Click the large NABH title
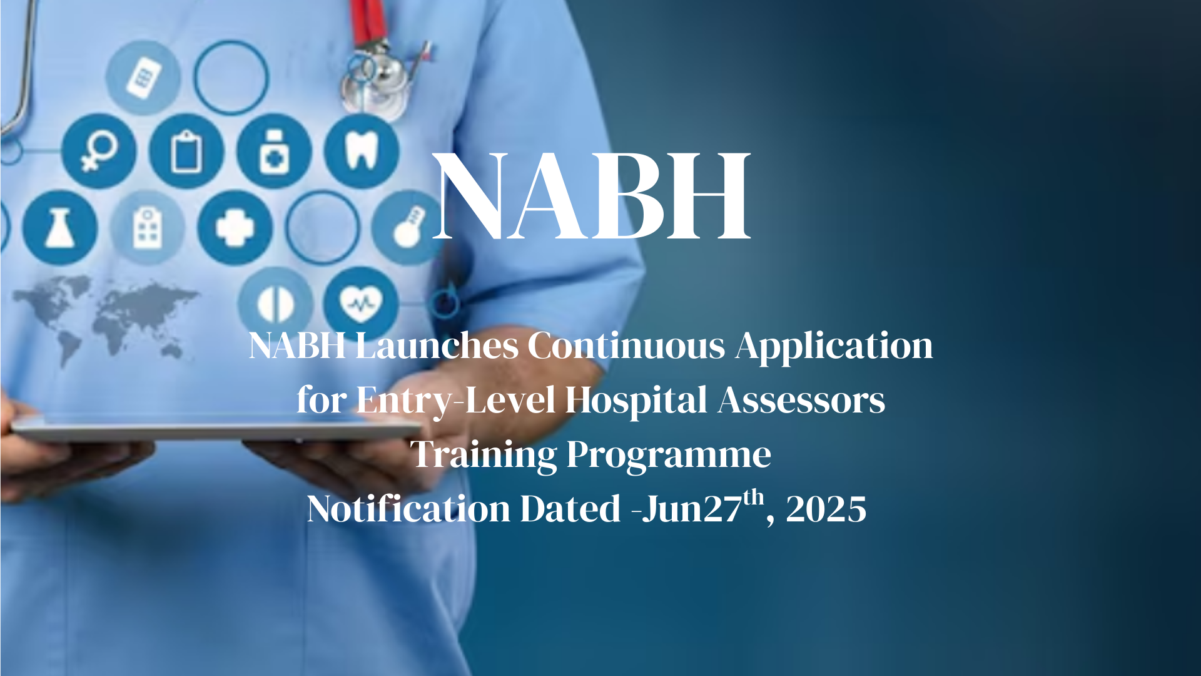[592, 195]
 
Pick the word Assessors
[801, 401]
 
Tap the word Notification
[408, 508]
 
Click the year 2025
[826, 509]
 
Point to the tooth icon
[362, 151]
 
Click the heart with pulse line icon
[361, 304]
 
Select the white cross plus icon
[235, 228]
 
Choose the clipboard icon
[186, 151]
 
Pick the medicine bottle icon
[274, 151]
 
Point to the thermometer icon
[408, 228]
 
